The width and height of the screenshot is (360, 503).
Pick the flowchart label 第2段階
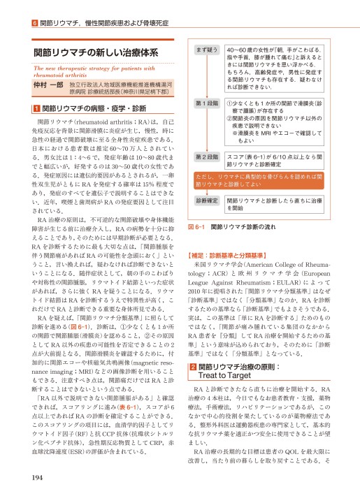206,156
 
